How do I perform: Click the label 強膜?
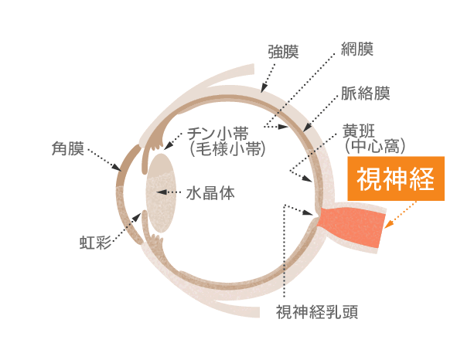point(283,52)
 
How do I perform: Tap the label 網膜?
point(357,49)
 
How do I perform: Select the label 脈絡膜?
point(366,93)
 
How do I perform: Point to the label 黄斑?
point(359,131)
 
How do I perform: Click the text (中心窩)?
point(375,146)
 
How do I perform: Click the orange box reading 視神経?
point(396,178)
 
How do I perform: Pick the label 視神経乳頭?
point(317,312)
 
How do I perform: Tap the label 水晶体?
point(210,193)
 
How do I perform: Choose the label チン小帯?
point(217,134)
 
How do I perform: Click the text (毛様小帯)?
point(227,149)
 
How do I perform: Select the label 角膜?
point(67,148)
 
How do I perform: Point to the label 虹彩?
point(95,243)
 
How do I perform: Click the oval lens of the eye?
point(161,193)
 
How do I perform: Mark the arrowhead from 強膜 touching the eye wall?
point(264,87)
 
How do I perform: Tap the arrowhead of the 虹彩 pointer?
point(137,216)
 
